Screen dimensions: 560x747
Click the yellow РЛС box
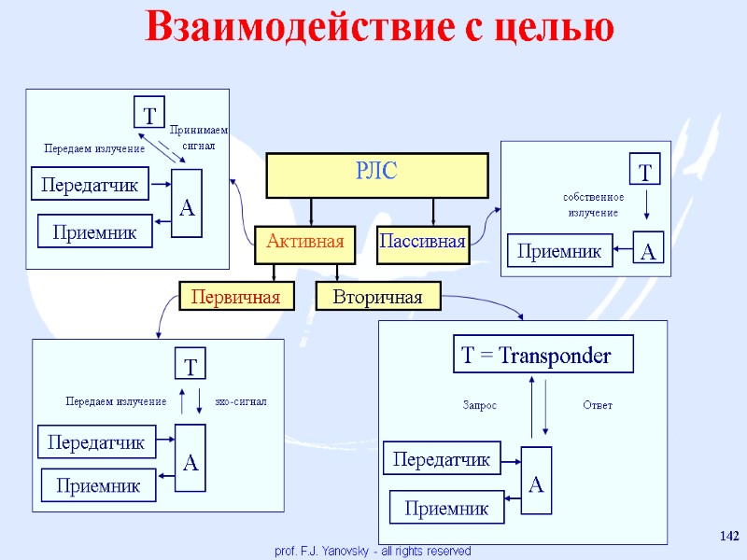pyautogui.click(x=378, y=175)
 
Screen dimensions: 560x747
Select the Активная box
pyautogui.click(x=305, y=243)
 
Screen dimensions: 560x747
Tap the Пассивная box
pyautogui.click(x=422, y=243)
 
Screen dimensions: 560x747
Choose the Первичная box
pyautogui.click(x=235, y=297)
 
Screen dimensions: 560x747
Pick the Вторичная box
pyautogui.click(x=378, y=297)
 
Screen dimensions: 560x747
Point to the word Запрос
pyautogui.click(x=480, y=405)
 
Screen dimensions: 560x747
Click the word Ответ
pyautogui.click(x=598, y=405)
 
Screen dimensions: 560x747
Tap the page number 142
pyautogui.click(x=729, y=536)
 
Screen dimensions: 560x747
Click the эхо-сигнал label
pyautogui.click(x=241, y=401)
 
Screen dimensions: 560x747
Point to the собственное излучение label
pyautogui.click(x=594, y=205)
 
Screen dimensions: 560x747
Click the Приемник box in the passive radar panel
pyautogui.click(x=559, y=250)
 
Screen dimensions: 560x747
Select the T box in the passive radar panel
pyautogui.click(x=644, y=172)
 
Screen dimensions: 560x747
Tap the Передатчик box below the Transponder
pyautogui.click(x=443, y=459)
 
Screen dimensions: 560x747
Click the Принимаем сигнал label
pyautogui.click(x=198, y=138)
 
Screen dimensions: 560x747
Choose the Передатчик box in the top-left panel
pyautogui.click(x=90, y=185)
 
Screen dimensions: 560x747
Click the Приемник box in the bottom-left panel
pyautogui.click(x=98, y=485)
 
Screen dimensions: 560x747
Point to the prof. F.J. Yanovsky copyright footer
pyautogui.click(x=373, y=552)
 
